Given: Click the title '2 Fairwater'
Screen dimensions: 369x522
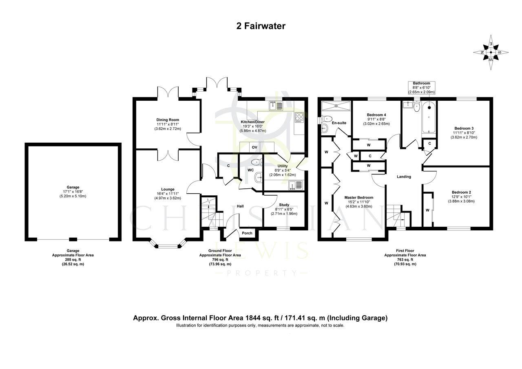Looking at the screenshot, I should (261, 26).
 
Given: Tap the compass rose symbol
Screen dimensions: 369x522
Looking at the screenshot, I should (491, 53).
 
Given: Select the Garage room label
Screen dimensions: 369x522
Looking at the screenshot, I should (73, 187).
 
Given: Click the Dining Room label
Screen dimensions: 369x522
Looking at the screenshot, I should (168, 120).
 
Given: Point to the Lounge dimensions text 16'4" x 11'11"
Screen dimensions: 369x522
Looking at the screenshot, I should (168, 194).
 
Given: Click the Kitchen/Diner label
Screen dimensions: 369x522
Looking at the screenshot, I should (253, 122).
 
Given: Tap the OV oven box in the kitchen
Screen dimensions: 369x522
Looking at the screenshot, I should (254, 147).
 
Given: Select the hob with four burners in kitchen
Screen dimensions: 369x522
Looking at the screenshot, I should (299, 117).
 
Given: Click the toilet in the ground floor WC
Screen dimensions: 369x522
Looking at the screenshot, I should (256, 161).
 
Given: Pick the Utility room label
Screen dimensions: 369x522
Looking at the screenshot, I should (282, 166).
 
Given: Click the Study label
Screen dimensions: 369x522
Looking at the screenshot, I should (284, 205).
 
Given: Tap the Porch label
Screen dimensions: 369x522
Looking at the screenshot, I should (247, 233).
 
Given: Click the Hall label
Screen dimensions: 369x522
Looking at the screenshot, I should (240, 206).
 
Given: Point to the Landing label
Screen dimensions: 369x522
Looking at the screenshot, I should (404, 177).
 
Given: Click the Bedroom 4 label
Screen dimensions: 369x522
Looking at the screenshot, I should (376, 115).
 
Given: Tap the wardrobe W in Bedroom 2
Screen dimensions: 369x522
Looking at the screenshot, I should (427, 210).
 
